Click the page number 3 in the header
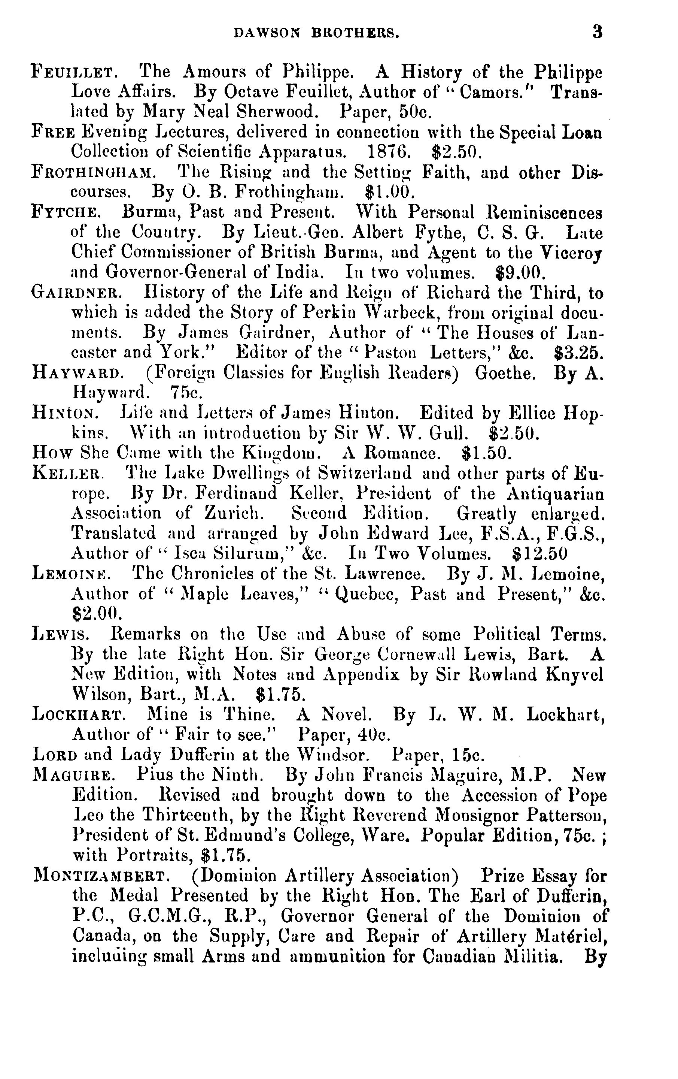click(x=597, y=32)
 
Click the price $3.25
click(x=578, y=353)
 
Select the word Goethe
click(x=505, y=373)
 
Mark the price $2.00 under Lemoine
click(x=94, y=613)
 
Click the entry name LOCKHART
click(x=77, y=714)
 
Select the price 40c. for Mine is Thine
click(x=374, y=734)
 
